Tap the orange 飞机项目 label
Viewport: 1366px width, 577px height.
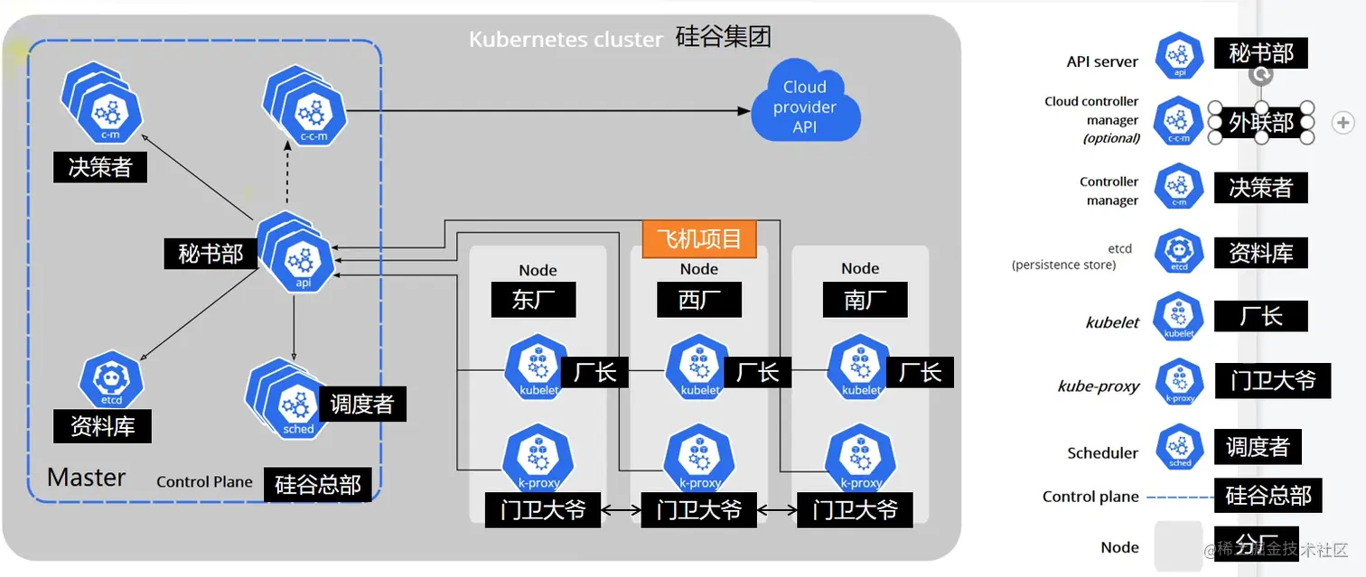(698, 239)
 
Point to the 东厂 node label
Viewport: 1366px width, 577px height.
(533, 299)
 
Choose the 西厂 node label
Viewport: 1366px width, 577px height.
(698, 299)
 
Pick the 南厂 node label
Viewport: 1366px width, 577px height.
(865, 299)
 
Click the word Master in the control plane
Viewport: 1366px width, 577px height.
(87, 477)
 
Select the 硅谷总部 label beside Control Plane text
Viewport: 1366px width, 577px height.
(317, 485)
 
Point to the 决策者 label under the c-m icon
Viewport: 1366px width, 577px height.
(99, 166)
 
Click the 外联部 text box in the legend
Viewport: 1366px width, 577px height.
(1261, 123)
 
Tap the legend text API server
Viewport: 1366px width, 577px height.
(1102, 62)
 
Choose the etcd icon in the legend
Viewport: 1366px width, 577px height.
(1179, 252)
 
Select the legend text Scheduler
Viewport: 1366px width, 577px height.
(1102, 452)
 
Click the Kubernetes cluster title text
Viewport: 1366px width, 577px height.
(566, 40)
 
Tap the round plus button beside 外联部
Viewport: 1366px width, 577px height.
(1343, 123)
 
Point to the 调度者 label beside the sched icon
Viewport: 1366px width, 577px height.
(362, 404)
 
